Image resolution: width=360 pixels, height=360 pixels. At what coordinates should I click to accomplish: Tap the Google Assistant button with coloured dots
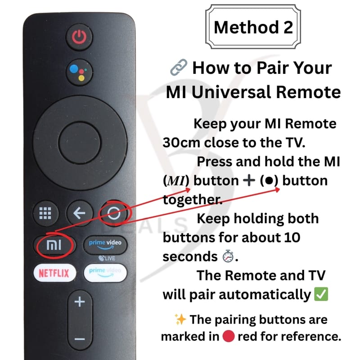[x=79, y=72]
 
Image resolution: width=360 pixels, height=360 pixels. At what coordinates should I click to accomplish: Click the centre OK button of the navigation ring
[x=80, y=143]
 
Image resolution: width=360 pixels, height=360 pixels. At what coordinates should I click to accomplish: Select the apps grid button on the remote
[x=45, y=213]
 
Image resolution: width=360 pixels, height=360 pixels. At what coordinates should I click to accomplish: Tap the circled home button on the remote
[x=114, y=213]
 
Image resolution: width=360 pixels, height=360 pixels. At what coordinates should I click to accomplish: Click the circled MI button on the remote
[x=54, y=245]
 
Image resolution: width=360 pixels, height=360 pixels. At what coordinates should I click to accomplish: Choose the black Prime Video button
[x=105, y=245]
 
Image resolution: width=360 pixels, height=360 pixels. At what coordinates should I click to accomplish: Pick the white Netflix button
[x=54, y=273]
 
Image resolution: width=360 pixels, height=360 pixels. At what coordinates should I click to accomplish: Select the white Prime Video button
[x=105, y=273]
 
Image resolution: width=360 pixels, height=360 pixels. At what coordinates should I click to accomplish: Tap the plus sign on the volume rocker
[x=80, y=301]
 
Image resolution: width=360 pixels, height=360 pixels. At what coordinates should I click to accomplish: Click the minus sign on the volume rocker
[x=80, y=339]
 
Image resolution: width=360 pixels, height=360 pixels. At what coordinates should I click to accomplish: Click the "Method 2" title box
[x=253, y=27]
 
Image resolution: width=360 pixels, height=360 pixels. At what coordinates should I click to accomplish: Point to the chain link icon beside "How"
[x=179, y=67]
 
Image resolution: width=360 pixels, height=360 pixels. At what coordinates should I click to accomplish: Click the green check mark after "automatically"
[x=321, y=294]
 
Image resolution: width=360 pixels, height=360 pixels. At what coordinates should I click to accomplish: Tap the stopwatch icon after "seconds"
[x=228, y=256]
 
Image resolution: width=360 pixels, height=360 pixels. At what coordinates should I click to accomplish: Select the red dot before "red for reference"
[x=229, y=336]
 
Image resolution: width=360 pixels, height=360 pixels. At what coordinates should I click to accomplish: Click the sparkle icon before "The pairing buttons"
[x=180, y=319]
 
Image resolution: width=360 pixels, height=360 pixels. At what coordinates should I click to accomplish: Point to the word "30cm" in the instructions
[x=181, y=143]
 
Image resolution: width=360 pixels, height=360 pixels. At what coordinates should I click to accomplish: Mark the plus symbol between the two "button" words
[x=249, y=180]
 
